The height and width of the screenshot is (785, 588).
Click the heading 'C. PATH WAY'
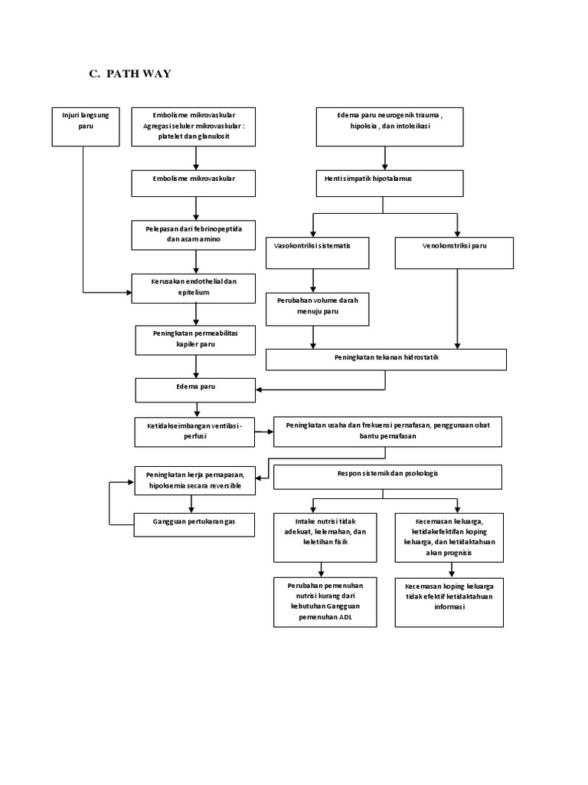(130, 74)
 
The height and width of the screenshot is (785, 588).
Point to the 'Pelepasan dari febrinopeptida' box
(197, 235)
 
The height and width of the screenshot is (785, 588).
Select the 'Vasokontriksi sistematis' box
(317, 252)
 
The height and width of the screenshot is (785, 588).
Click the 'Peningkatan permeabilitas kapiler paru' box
(197, 341)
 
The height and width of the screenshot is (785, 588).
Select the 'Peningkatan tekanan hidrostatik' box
(386, 360)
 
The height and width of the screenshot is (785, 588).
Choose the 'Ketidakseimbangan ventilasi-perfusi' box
(194, 432)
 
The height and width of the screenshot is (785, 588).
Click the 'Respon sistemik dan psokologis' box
(387, 476)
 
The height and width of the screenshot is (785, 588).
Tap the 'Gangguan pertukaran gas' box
(194, 524)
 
